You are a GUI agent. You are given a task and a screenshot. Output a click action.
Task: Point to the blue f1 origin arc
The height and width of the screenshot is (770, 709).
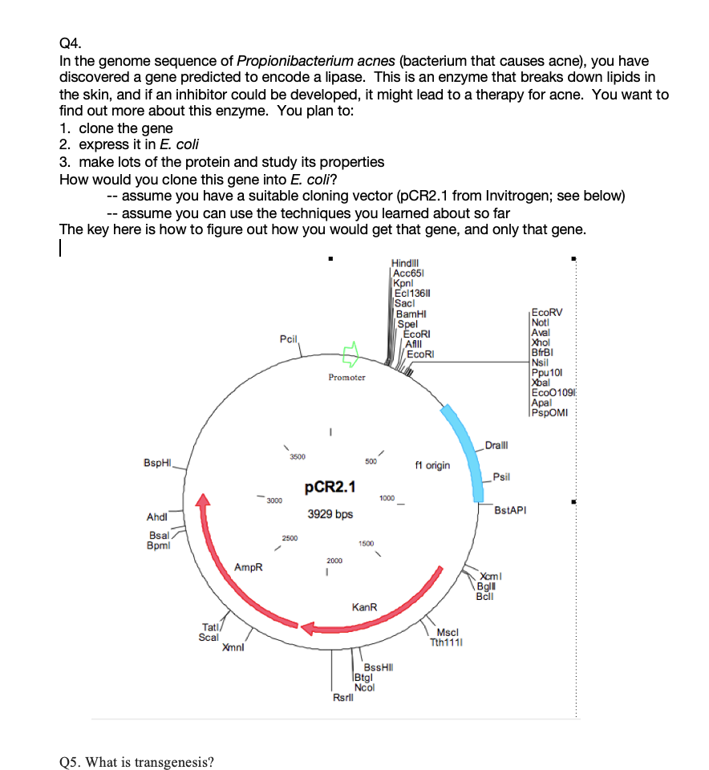460,440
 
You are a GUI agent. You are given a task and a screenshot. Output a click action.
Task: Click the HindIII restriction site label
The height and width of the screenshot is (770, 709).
406,262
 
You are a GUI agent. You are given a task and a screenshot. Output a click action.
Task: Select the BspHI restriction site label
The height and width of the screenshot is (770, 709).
159,463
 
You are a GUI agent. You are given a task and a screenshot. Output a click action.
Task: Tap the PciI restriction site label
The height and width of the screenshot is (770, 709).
289,340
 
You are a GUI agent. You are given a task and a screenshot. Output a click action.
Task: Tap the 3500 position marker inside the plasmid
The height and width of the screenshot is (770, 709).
297,456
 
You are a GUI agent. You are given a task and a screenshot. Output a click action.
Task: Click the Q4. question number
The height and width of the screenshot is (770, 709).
70,46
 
